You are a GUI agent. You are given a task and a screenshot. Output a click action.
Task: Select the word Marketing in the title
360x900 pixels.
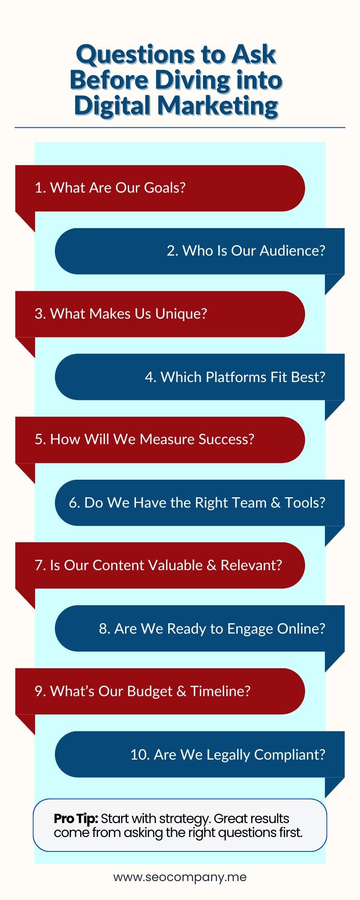218,106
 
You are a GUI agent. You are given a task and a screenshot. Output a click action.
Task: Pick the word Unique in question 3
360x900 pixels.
181,314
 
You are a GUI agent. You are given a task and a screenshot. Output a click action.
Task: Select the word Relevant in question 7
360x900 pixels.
251,565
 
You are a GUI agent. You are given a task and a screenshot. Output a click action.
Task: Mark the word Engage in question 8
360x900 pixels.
250,629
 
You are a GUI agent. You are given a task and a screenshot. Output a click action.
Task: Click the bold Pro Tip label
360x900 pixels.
76,819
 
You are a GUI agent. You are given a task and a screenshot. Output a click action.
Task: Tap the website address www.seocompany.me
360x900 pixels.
180,877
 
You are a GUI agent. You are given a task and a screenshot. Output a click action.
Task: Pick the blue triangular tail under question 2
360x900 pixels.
334,283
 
